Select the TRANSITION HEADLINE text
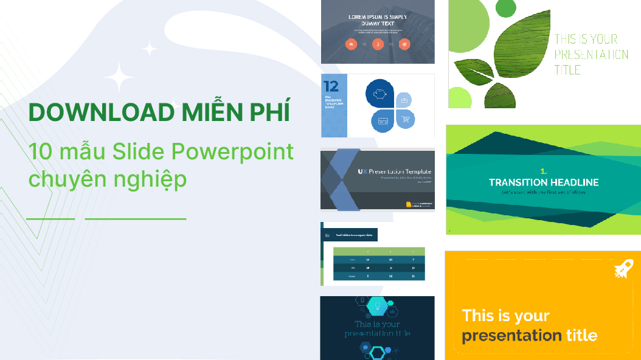(544, 182)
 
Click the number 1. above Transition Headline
(544, 171)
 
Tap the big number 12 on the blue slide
(331, 85)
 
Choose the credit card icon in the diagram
(383, 120)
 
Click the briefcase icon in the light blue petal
(404, 100)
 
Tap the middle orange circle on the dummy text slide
(377, 44)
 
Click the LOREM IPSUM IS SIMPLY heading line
(378, 17)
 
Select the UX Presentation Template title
(393, 171)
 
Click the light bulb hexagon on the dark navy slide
(376, 306)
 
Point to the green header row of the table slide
(379, 251)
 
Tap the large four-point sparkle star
(119, 78)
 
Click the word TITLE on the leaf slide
(567, 69)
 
